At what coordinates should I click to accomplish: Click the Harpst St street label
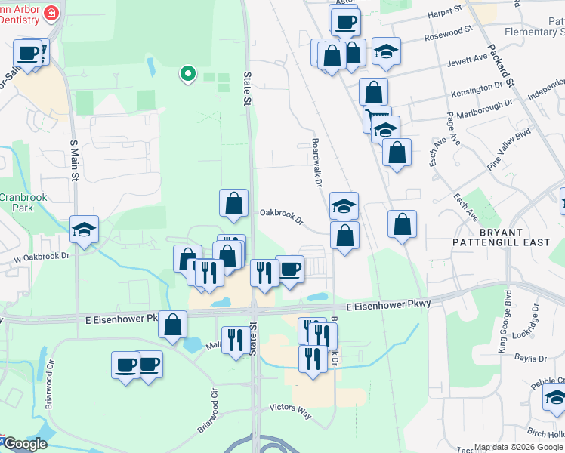point(445,12)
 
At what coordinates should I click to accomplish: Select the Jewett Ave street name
point(468,61)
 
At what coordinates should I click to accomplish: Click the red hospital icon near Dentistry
point(51,12)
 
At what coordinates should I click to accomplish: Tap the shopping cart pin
point(375,119)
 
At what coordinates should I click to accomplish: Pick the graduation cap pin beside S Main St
point(84,230)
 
